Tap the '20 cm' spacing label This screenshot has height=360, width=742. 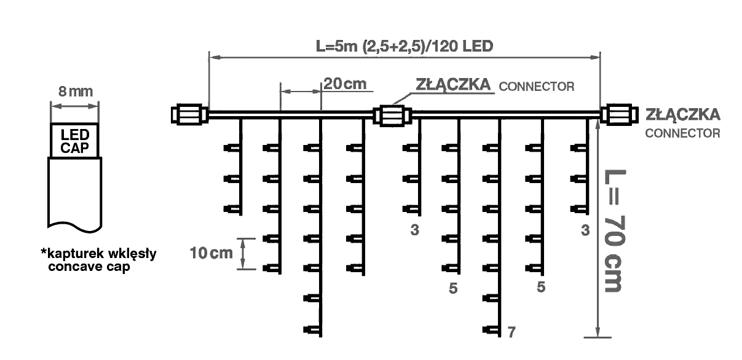(344, 84)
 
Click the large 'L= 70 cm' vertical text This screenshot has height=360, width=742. (615, 231)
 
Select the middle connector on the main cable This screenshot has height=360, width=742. (393, 114)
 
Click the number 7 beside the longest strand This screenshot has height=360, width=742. (511, 333)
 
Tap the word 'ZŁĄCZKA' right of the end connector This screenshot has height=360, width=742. (683, 114)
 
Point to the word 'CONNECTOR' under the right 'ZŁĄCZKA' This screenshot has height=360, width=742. (682, 133)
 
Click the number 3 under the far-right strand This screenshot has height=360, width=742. (585, 230)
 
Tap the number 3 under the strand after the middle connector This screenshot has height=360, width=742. (416, 230)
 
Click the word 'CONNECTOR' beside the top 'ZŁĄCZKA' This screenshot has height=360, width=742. (537, 87)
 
